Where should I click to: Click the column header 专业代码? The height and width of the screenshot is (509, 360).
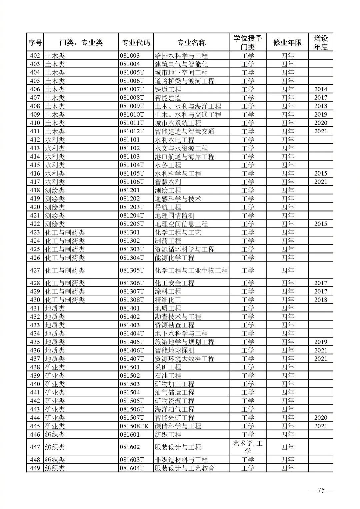136,43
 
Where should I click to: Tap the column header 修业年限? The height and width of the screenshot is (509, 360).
287,43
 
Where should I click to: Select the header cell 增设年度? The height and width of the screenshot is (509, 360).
321,43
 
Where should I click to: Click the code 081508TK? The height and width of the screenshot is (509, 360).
134,426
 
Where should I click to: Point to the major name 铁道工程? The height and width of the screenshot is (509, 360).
168,89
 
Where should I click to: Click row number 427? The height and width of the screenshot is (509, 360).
35,270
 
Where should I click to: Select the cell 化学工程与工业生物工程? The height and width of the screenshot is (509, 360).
191,270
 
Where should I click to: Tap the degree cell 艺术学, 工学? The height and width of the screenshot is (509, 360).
248,447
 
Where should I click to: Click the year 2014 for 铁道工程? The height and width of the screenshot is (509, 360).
321,89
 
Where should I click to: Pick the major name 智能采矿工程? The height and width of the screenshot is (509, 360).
175,418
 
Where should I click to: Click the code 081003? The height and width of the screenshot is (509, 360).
130,56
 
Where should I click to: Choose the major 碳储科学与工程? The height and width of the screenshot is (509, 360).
178,426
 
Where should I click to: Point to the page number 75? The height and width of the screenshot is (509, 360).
321,490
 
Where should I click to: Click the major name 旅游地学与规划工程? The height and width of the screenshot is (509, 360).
185,342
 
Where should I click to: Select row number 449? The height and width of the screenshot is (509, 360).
35,468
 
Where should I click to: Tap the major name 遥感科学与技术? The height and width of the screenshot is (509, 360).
178,199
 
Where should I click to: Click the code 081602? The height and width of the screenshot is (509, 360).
130,447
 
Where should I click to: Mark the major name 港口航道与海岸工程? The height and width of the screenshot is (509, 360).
185,157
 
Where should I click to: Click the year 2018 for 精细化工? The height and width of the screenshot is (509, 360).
321,300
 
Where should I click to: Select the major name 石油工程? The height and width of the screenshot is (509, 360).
168,375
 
